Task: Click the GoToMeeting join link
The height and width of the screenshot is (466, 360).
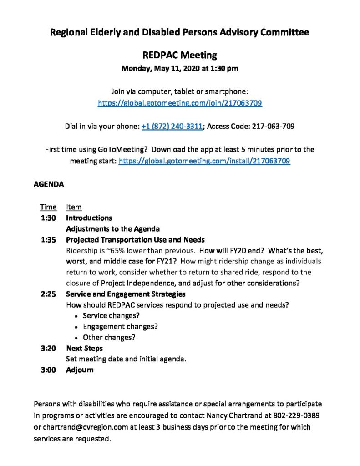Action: click(x=180, y=103)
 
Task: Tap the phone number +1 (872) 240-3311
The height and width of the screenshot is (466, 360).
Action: click(x=172, y=127)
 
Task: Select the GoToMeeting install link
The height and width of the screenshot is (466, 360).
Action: click(x=204, y=161)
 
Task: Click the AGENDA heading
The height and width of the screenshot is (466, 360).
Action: click(x=49, y=185)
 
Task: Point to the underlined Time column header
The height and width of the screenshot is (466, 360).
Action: click(x=48, y=207)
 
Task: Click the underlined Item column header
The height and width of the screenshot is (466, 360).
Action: click(x=74, y=207)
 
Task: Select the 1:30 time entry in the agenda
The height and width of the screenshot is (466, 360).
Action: click(x=48, y=218)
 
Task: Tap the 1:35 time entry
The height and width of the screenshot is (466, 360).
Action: click(x=48, y=240)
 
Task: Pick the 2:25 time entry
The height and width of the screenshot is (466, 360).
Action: click(x=48, y=294)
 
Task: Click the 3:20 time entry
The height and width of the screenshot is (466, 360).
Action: click(x=48, y=349)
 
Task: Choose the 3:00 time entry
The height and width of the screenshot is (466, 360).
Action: click(x=48, y=370)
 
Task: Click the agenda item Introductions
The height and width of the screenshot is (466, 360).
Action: click(x=89, y=218)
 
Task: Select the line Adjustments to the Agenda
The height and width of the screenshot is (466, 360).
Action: click(x=112, y=229)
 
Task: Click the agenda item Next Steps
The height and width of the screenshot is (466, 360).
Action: click(x=84, y=349)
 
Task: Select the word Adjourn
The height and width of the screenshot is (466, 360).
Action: click(x=80, y=370)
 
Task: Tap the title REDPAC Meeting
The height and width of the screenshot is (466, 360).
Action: click(x=180, y=56)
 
